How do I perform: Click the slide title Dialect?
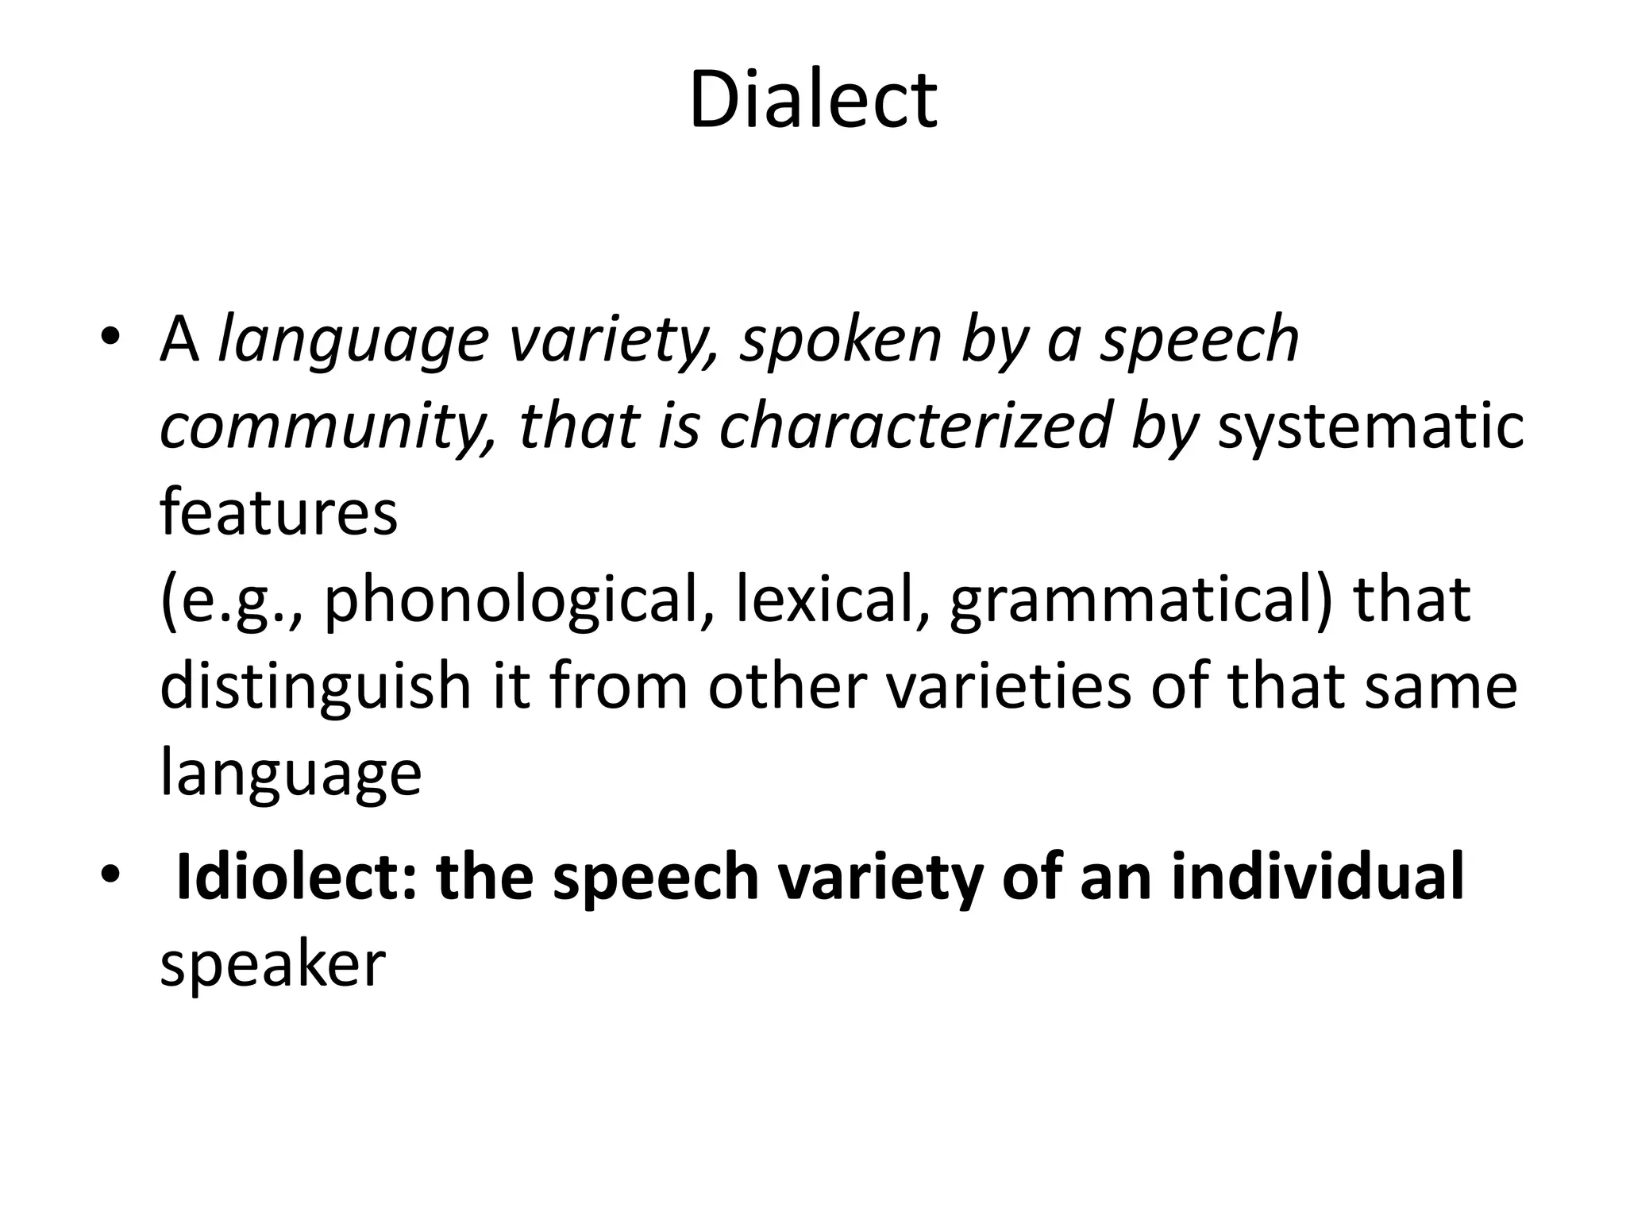tap(813, 100)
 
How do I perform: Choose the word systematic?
tap(1370, 427)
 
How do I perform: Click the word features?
tap(279, 512)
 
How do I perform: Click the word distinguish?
tap(316, 687)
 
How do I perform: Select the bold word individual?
tap(1317, 877)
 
